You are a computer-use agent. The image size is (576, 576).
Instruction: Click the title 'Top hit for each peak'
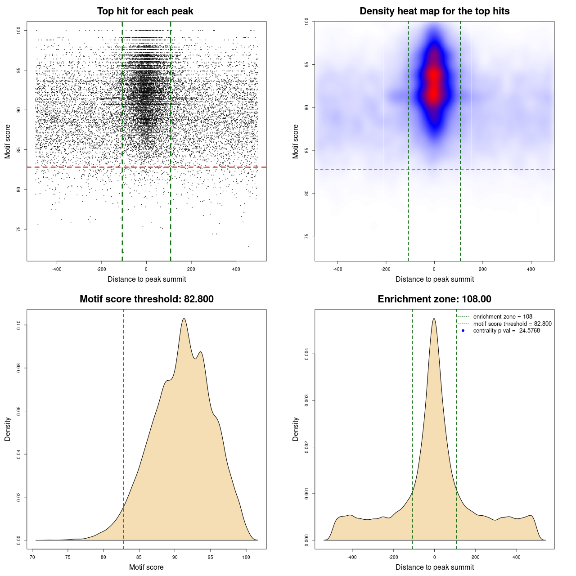pyautogui.click(x=145, y=11)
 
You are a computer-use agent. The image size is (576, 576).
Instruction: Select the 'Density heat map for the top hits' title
pyautogui.click(x=434, y=11)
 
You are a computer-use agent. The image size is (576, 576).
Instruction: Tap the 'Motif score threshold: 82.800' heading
pyautogui.click(x=146, y=299)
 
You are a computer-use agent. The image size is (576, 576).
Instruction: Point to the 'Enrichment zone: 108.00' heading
pyautogui.click(x=434, y=299)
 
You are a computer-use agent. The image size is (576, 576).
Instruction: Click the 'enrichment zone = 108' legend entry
pyautogui.click(x=503, y=317)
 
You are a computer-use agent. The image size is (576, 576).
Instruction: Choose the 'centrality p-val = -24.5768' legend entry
pyautogui.click(x=506, y=331)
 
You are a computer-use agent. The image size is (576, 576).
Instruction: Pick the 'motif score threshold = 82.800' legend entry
pyautogui.click(x=512, y=324)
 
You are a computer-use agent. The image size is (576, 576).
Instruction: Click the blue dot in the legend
pyautogui.click(x=463, y=331)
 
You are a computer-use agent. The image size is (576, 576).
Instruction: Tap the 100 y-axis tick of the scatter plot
pyautogui.click(x=18, y=30)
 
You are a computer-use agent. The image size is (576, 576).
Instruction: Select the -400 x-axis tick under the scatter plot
pyautogui.click(x=57, y=270)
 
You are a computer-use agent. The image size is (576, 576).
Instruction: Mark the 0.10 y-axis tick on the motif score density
pyautogui.click(x=18, y=325)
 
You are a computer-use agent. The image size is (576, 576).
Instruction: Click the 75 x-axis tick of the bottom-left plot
pyautogui.click(x=68, y=558)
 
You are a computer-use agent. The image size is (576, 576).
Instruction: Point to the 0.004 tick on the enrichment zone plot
pyautogui.click(x=306, y=354)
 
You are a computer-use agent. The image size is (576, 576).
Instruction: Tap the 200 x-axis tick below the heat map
pyautogui.click(x=482, y=270)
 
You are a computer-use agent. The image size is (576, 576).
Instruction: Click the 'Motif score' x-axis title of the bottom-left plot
pyautogui.click(x=146, y=567)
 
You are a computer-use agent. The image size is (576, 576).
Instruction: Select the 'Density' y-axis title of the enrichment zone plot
pyautogui.click(x=296, y=429)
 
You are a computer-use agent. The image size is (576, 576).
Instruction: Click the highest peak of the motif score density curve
pyautogui.click(x=184, y=319)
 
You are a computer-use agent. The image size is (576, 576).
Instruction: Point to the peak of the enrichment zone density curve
pyautogui.click(x=434, y=319)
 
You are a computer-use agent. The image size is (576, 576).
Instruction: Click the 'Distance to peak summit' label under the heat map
pyautogui.click(x=434, y=279)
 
